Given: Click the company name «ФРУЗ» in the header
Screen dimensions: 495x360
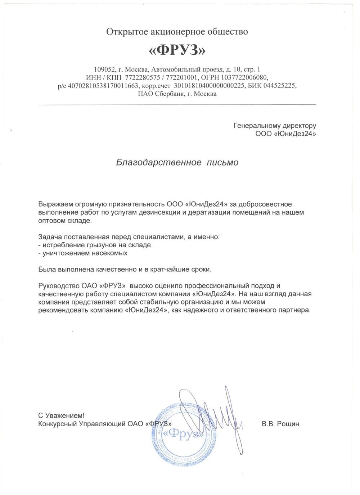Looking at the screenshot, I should [x=177, y=50].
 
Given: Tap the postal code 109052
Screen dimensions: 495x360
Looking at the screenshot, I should [x=104, y=69].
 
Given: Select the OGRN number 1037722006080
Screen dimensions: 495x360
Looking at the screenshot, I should [x=247, y=77].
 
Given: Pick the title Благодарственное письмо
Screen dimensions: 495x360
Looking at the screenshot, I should [x=177, y=162].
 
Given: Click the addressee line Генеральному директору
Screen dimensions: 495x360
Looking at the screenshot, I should [x=275, y=126].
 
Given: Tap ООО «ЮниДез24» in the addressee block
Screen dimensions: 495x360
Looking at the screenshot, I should [x=285, y=134].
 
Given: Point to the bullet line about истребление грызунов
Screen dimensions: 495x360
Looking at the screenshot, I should [x=95, y=245].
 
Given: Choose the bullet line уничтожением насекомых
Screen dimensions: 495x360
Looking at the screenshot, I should [x=83, y=253].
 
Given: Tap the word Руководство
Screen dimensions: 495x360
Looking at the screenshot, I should [x=56, y=286].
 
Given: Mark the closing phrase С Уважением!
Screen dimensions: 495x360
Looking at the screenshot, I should [x=62, y=415].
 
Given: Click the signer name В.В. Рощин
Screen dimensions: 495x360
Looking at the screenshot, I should [x=280, y=424].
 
